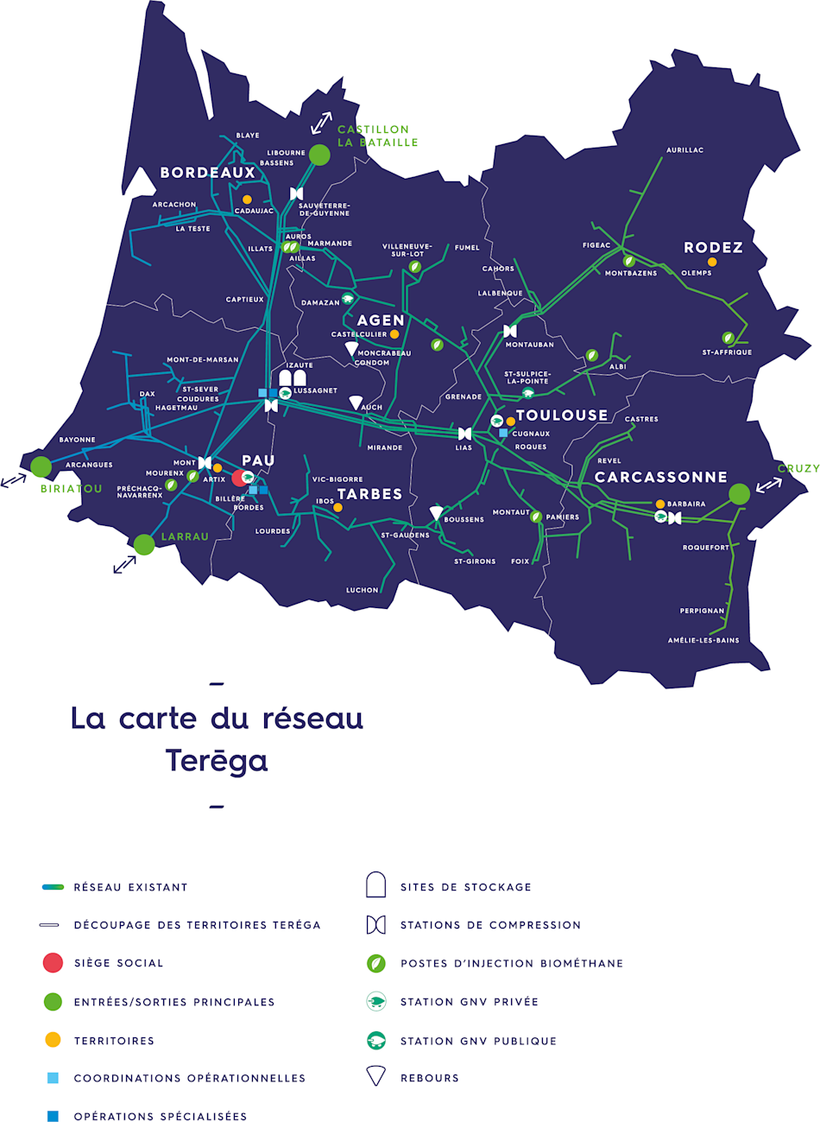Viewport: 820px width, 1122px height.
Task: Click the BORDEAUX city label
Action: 208,173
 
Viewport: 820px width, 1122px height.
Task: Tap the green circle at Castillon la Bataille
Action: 319,155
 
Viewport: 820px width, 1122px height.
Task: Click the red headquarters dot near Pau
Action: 239,478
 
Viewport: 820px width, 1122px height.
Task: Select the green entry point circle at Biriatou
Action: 41,466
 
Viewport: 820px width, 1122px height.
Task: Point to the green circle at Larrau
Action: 144,544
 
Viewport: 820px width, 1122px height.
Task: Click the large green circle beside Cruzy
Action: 739,494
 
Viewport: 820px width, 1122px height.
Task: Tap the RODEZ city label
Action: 713,248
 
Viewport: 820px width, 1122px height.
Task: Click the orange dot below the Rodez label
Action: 712,262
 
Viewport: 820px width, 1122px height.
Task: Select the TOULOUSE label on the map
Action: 562,415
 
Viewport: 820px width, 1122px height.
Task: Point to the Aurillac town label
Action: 684,150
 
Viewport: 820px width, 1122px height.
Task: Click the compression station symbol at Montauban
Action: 510,331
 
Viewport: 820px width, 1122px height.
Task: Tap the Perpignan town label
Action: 702,611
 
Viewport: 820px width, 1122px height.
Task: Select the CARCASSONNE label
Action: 661,477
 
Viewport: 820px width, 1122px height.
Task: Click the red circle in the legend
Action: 53,963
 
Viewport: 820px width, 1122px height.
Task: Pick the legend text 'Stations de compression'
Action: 490,925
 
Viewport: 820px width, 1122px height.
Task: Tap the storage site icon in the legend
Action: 375,886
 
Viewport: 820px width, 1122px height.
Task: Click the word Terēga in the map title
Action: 217,761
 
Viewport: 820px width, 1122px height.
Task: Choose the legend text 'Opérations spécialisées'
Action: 161,1117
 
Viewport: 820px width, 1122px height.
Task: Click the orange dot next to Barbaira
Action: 660,504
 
